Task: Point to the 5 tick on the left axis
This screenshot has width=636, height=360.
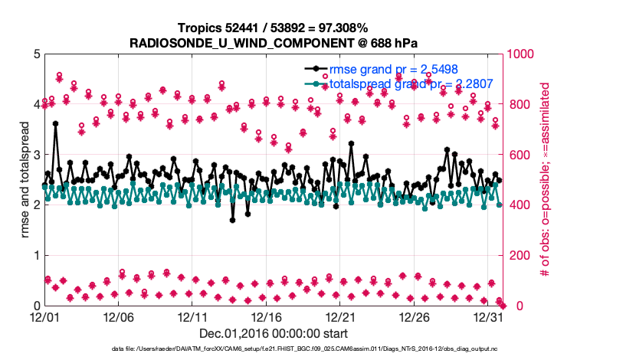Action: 36,54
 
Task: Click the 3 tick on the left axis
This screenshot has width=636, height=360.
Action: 36,155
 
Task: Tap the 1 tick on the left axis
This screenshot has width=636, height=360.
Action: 36,255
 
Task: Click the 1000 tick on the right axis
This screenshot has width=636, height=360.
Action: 520,54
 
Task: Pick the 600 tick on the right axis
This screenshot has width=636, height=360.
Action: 517,155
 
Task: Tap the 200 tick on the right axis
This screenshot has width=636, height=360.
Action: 517,255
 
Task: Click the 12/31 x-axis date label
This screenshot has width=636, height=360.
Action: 488,317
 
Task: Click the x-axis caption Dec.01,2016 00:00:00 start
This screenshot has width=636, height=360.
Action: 274,333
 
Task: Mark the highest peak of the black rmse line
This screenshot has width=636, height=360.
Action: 55,123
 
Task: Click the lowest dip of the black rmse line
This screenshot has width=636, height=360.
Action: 233,220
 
